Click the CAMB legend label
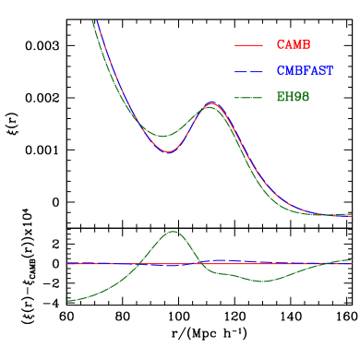click(x=293, y=45)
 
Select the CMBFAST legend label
click(x=304, y=71)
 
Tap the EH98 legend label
click(x=293, y=97)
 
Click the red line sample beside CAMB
click(x=249, y=45)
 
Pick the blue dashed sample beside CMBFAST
click(x=249, y=71)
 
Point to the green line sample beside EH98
click(x=249, y=97)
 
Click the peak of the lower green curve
click(x=173, y=231)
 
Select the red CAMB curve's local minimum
click(x=167, y=151)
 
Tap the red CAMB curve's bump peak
click(x=211, y=102)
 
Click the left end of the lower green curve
click(x=67, y=301)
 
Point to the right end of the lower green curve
click(x=352, y=259)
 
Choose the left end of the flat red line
click(x=67, y=263)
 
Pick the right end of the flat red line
click(x=352, y=264)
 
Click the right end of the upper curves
click(x=352, y=215)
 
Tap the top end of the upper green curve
click(x=93, y=20)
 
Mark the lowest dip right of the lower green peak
click(x=263, y=281)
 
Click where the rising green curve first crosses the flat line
click(x=138, y=264)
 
